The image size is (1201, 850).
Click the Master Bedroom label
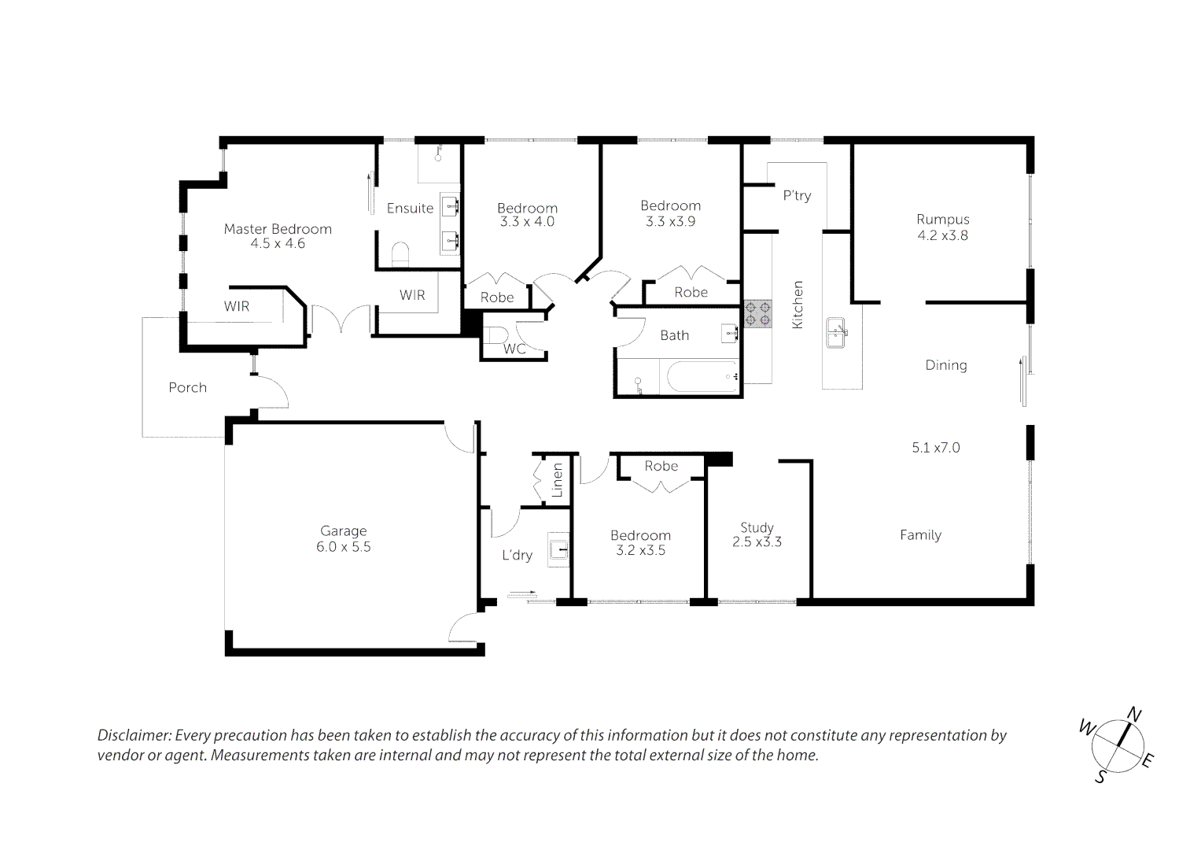coord(278,229)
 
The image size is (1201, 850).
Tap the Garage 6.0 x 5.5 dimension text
coord(343,547)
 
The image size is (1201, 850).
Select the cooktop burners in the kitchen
coord(757,313)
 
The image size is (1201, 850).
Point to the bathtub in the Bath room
coord(703,376)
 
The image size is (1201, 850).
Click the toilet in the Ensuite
coord(400,253)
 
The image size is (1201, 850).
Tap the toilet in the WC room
coord(496,335)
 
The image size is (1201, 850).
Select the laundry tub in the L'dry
coord(558,549)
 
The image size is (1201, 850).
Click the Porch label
coord(188,387)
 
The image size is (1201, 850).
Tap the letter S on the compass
coord(1100,777)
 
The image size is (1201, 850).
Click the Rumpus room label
coord(942,220)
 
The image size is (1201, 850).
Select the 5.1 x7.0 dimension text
coord(936,448)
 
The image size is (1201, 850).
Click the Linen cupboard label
coord(557,480)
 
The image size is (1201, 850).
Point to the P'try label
coord(797,195)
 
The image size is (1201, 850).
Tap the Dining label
coord(946,365)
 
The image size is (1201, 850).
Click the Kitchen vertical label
coord(798,305)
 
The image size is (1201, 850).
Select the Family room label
coord(920,535)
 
